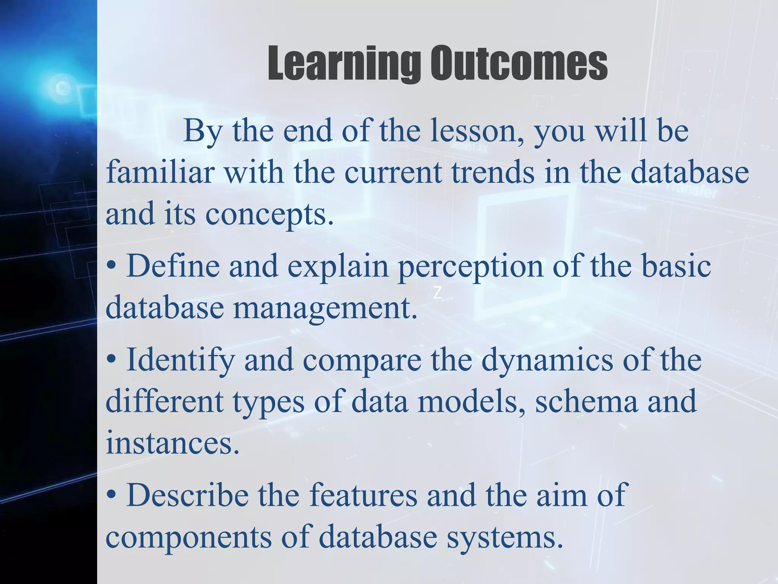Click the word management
(x=325, y=308)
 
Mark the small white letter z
(x=438, y=293)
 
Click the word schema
(x=586, y=401)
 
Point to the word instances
(x=172, y=443)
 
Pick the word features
(x=363, y=495)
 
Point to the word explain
(x=338, y=268)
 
